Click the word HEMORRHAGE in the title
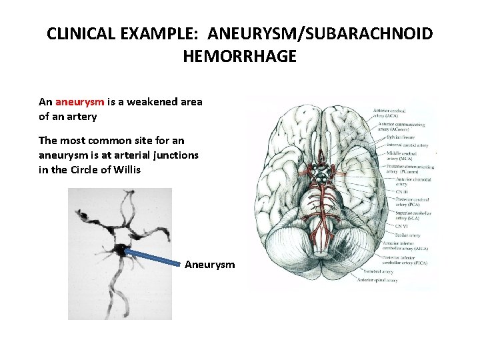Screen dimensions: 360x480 pos(239,57)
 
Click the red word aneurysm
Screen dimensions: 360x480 pos(79,102)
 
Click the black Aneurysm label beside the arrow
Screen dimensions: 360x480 pos(210,265)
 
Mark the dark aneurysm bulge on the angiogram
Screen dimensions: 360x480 pos(122,249)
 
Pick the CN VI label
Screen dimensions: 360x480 pos(387,225)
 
